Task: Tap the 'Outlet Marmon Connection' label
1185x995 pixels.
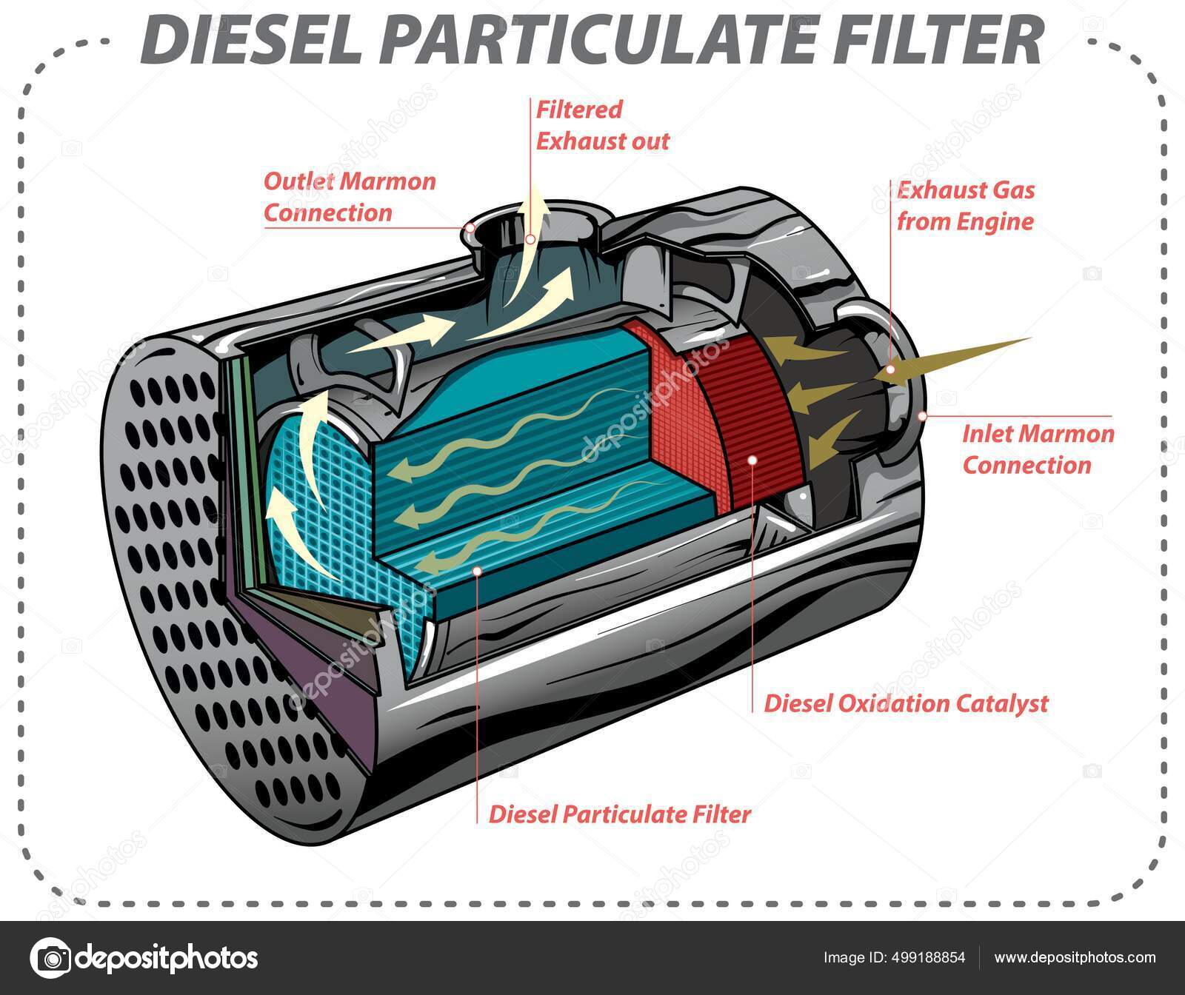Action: coord(350,197)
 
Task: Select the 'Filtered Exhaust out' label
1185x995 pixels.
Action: coord(602,125)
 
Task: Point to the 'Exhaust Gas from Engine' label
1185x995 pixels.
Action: coord(965,206)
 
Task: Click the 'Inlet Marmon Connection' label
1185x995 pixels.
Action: coord(1037,449)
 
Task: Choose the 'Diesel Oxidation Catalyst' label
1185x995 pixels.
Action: coord(906,702)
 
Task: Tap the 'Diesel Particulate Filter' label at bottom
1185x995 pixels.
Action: coord(619,814)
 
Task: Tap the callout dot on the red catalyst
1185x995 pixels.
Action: coord(752,459)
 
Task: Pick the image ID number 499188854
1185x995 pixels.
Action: coord(929,957)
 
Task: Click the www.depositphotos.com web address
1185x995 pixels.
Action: coord(1075,957)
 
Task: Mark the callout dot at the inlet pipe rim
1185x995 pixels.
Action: coord(922,415)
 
